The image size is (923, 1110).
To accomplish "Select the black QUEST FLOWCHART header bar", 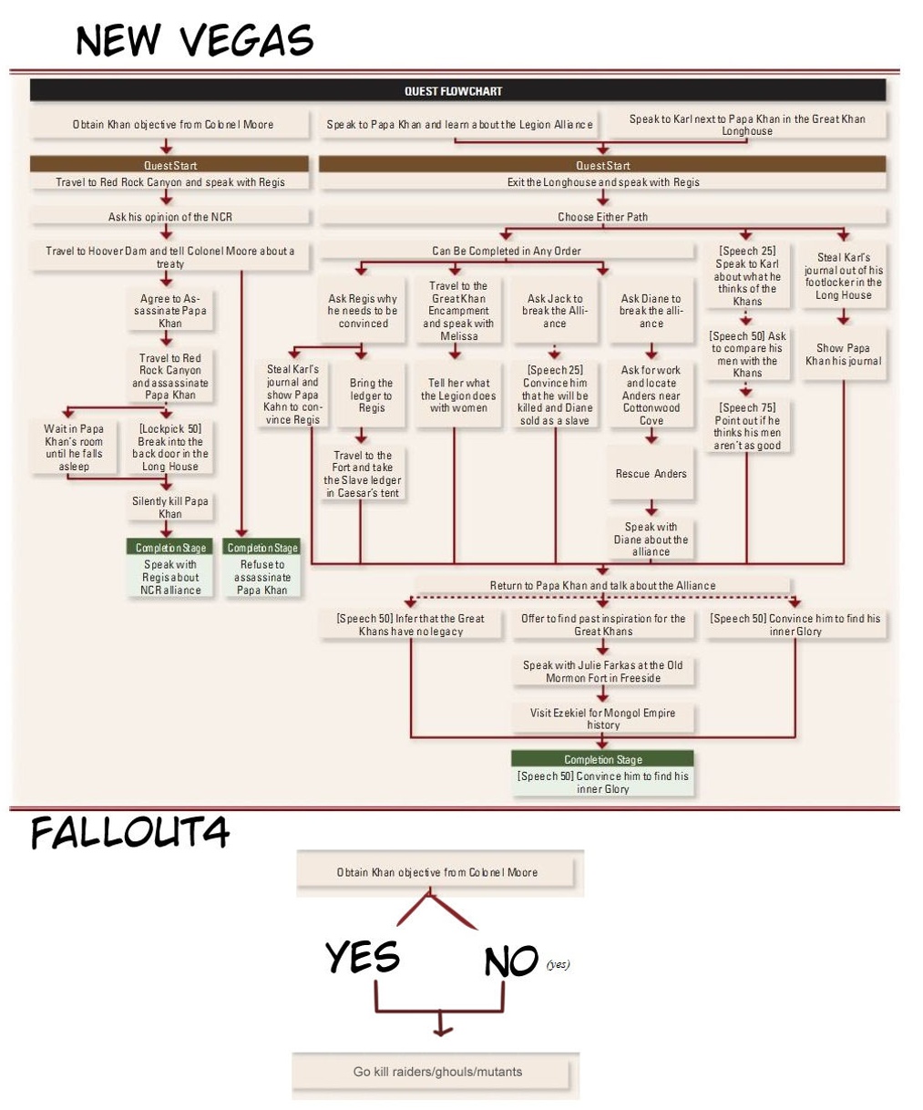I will (x=457, y=90).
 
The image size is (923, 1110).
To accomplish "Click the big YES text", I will (x=363, y=957).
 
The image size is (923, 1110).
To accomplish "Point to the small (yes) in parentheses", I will (x=559, y=964).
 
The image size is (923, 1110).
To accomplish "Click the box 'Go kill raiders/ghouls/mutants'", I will (x=437, y=1072).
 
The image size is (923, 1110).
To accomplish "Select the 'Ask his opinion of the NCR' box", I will (x=169, y=217).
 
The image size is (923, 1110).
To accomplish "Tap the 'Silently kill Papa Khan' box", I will (x=169, y=508).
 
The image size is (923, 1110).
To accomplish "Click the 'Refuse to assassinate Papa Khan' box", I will (x=262, y=577).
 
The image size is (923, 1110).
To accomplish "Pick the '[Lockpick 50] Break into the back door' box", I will (x=169, y=447).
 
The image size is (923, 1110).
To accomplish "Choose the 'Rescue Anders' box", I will (x=651, y=474).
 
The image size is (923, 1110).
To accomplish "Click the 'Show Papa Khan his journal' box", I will (x=843, y=355).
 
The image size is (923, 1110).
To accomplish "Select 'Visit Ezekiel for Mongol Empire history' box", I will (x=602, y=718).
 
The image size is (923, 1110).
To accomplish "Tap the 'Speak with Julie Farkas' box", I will (x=602, y=672).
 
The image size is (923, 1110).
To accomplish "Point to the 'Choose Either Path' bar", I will (x=602, y=217).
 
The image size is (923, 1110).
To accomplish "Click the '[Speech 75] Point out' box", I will (x=746, y=427).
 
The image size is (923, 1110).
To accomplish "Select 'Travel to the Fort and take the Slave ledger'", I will (x=362, y=474).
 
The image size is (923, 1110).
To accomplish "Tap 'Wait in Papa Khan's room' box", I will (x=74, y=447).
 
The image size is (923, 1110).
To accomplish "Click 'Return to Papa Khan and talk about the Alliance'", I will (x=602, y=585).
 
